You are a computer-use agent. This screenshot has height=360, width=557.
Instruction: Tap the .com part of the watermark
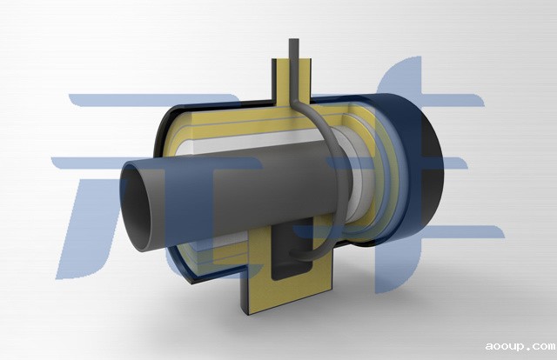coord(541,345)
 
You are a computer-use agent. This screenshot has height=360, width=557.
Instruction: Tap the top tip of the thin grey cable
coord(294,39)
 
